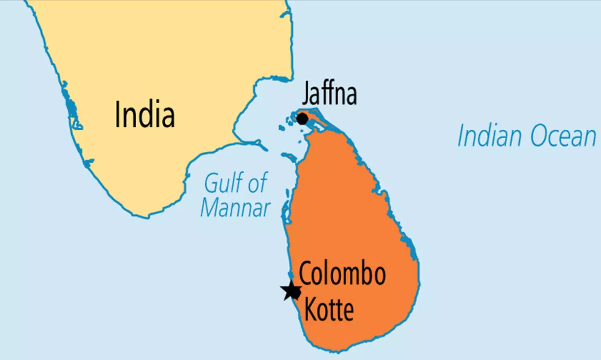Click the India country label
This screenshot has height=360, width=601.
145,115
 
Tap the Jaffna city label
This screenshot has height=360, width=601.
329,94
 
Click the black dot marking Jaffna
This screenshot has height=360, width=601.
302,119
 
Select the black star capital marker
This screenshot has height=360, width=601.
291,291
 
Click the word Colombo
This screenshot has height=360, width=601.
342,274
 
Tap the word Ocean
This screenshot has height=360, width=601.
563,137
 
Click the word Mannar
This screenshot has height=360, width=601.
236,208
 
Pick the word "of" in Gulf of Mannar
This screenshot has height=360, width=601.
257,183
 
